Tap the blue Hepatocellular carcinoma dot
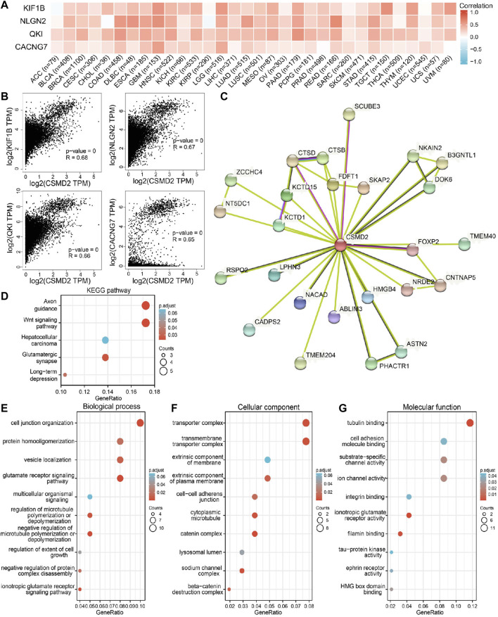coord(105,340)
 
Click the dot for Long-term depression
coord(65,374)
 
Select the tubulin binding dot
coord(471,422)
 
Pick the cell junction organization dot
coord(140,422)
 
